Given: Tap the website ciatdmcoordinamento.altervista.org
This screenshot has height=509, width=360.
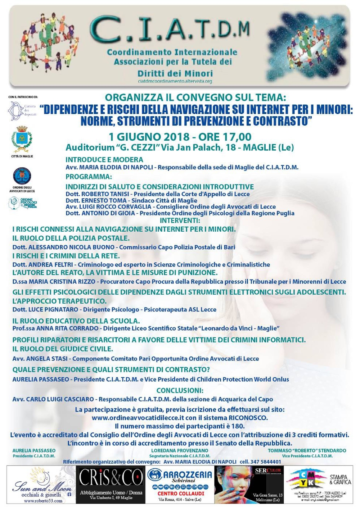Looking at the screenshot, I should pos(175,81).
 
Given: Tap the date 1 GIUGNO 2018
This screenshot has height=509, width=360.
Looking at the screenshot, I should pos(149,137).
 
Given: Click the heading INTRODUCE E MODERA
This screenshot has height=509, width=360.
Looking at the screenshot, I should pos(104,159).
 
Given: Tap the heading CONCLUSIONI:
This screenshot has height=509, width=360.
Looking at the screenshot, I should pos(180,391).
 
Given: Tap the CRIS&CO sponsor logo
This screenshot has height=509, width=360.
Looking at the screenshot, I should pos(111,479).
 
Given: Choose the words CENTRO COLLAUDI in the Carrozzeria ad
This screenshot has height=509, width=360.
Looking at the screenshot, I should pos(181,494).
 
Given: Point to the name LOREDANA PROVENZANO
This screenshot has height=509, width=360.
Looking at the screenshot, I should pos(180,450).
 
